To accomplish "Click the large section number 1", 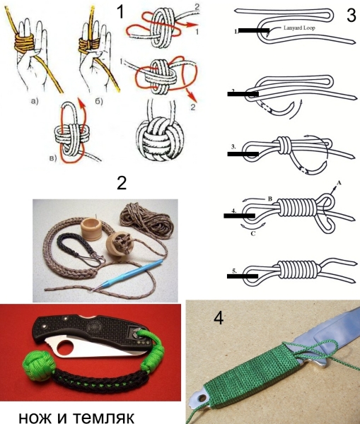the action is (x=120, y=11).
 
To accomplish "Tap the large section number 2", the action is (x=122, y=183).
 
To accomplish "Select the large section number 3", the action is (x=351, y=16).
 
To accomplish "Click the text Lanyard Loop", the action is (x=299, y=28).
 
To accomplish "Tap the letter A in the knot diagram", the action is (x=338, y=183).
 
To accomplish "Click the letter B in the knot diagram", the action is (x=270, y=199).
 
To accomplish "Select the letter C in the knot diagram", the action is (x=252, y=233).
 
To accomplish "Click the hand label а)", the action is (x=35, y=102).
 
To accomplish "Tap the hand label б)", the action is (x=99, y=102).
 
